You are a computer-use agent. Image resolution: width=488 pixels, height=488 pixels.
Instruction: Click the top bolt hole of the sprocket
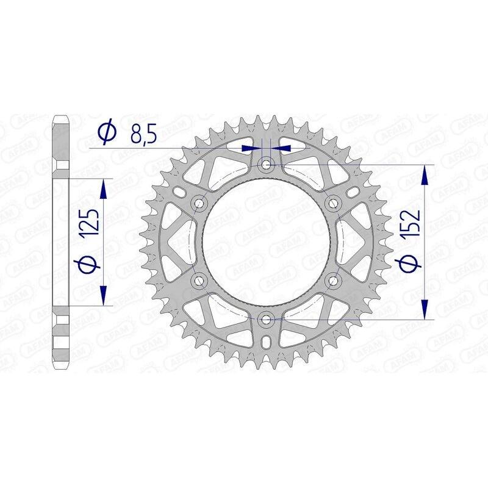[266, 164]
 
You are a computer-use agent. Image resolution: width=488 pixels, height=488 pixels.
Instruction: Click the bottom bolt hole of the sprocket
[266, 318]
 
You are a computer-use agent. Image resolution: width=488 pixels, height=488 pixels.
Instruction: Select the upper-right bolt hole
[333, 203]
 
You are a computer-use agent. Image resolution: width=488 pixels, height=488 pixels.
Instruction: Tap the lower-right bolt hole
[333, 280]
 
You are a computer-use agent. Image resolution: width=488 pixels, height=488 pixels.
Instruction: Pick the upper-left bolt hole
[199, 203]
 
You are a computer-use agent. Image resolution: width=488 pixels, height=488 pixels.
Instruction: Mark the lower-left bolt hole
[199, 280]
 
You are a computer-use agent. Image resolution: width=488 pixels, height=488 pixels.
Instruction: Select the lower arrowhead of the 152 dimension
[425, 309]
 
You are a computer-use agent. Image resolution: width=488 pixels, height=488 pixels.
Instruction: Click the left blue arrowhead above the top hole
[249, 148]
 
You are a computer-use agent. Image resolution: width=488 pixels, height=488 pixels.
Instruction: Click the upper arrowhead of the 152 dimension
[425, 174]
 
